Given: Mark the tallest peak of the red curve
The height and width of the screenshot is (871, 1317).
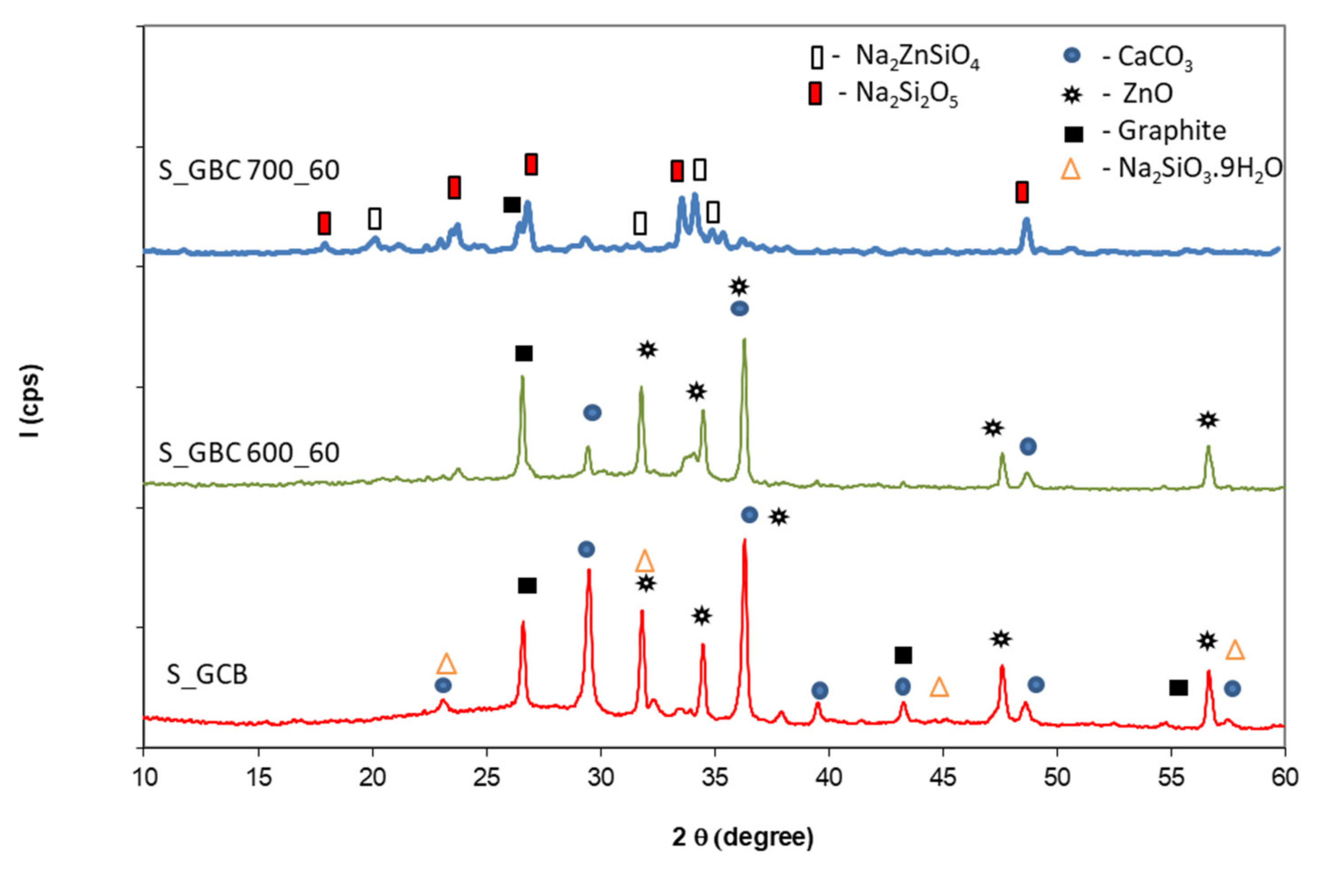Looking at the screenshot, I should [744, 540].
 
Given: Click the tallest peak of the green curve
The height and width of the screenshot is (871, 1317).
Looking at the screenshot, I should [744, 341].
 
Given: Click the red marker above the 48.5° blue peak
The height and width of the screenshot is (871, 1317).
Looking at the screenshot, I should [1022, 192].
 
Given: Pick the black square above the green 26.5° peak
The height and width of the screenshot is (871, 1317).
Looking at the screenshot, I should [524, 354].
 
